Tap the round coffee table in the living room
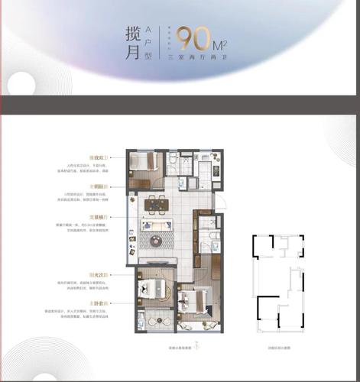point(157,241)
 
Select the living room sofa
point(157,226)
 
